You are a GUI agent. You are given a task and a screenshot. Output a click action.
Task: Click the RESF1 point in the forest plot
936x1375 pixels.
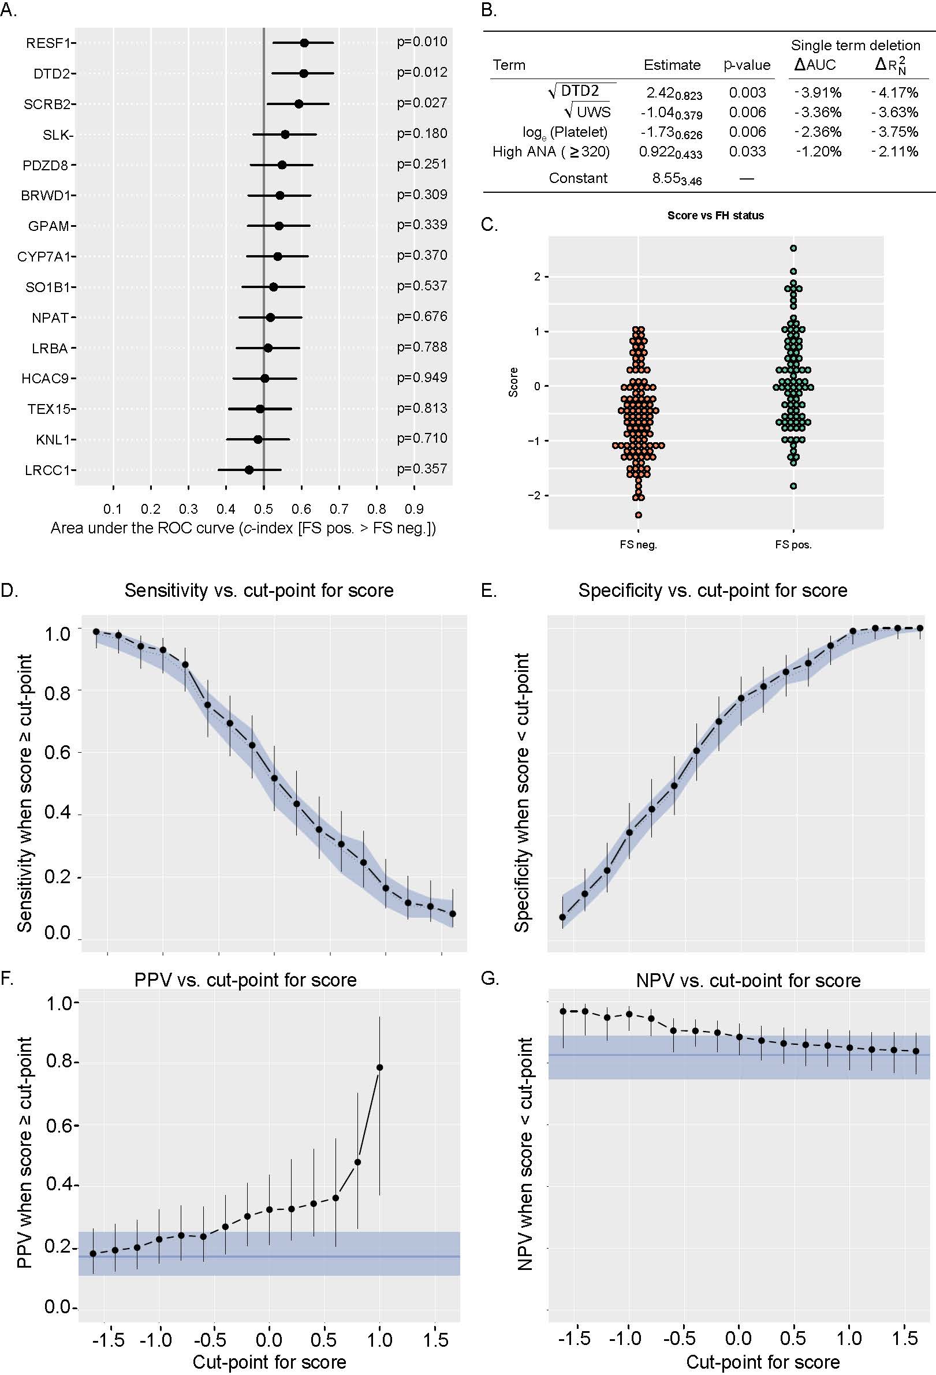click(x=304, y=43)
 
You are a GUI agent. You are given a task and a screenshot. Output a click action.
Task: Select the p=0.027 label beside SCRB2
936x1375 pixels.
click(x=422, y=103)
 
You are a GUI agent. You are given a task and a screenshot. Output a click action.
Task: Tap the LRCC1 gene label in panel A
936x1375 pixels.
click(x=47, y=470)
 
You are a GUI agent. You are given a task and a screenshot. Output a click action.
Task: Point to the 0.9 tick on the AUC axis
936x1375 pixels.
click(x=414, y=509)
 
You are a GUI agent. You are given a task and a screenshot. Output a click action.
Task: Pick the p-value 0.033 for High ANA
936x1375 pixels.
click(x=747, y=151)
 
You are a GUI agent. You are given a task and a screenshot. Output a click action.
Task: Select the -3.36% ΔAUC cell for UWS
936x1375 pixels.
click(x=818, y=113)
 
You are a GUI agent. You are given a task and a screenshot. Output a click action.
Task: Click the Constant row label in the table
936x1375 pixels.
click(x=578, y=178)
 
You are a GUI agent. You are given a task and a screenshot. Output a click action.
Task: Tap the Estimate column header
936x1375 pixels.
click(x=672, y=65)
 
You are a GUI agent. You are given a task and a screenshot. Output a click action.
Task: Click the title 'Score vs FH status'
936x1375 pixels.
click(x=715, y=215)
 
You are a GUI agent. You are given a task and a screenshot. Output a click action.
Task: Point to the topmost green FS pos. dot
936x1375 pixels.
click(x=793, y=248)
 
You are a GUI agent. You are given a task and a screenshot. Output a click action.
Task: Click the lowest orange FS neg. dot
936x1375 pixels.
click(x=639, y=515)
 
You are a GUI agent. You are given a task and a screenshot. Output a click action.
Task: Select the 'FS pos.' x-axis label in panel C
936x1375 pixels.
click(x=793, y=545)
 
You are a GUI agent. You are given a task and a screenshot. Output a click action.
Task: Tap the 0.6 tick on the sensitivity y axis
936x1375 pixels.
click(x=57, y=753)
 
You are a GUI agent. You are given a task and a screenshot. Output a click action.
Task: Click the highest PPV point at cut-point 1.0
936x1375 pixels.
click(x=380, y=1067)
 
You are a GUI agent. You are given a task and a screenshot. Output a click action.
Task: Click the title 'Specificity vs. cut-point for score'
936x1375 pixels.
click(x=713, y=591)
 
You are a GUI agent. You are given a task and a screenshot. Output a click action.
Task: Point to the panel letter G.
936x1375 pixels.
click(x=489, y=978)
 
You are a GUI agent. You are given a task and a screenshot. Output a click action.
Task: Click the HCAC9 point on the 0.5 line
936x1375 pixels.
click(x=265, y=378)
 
